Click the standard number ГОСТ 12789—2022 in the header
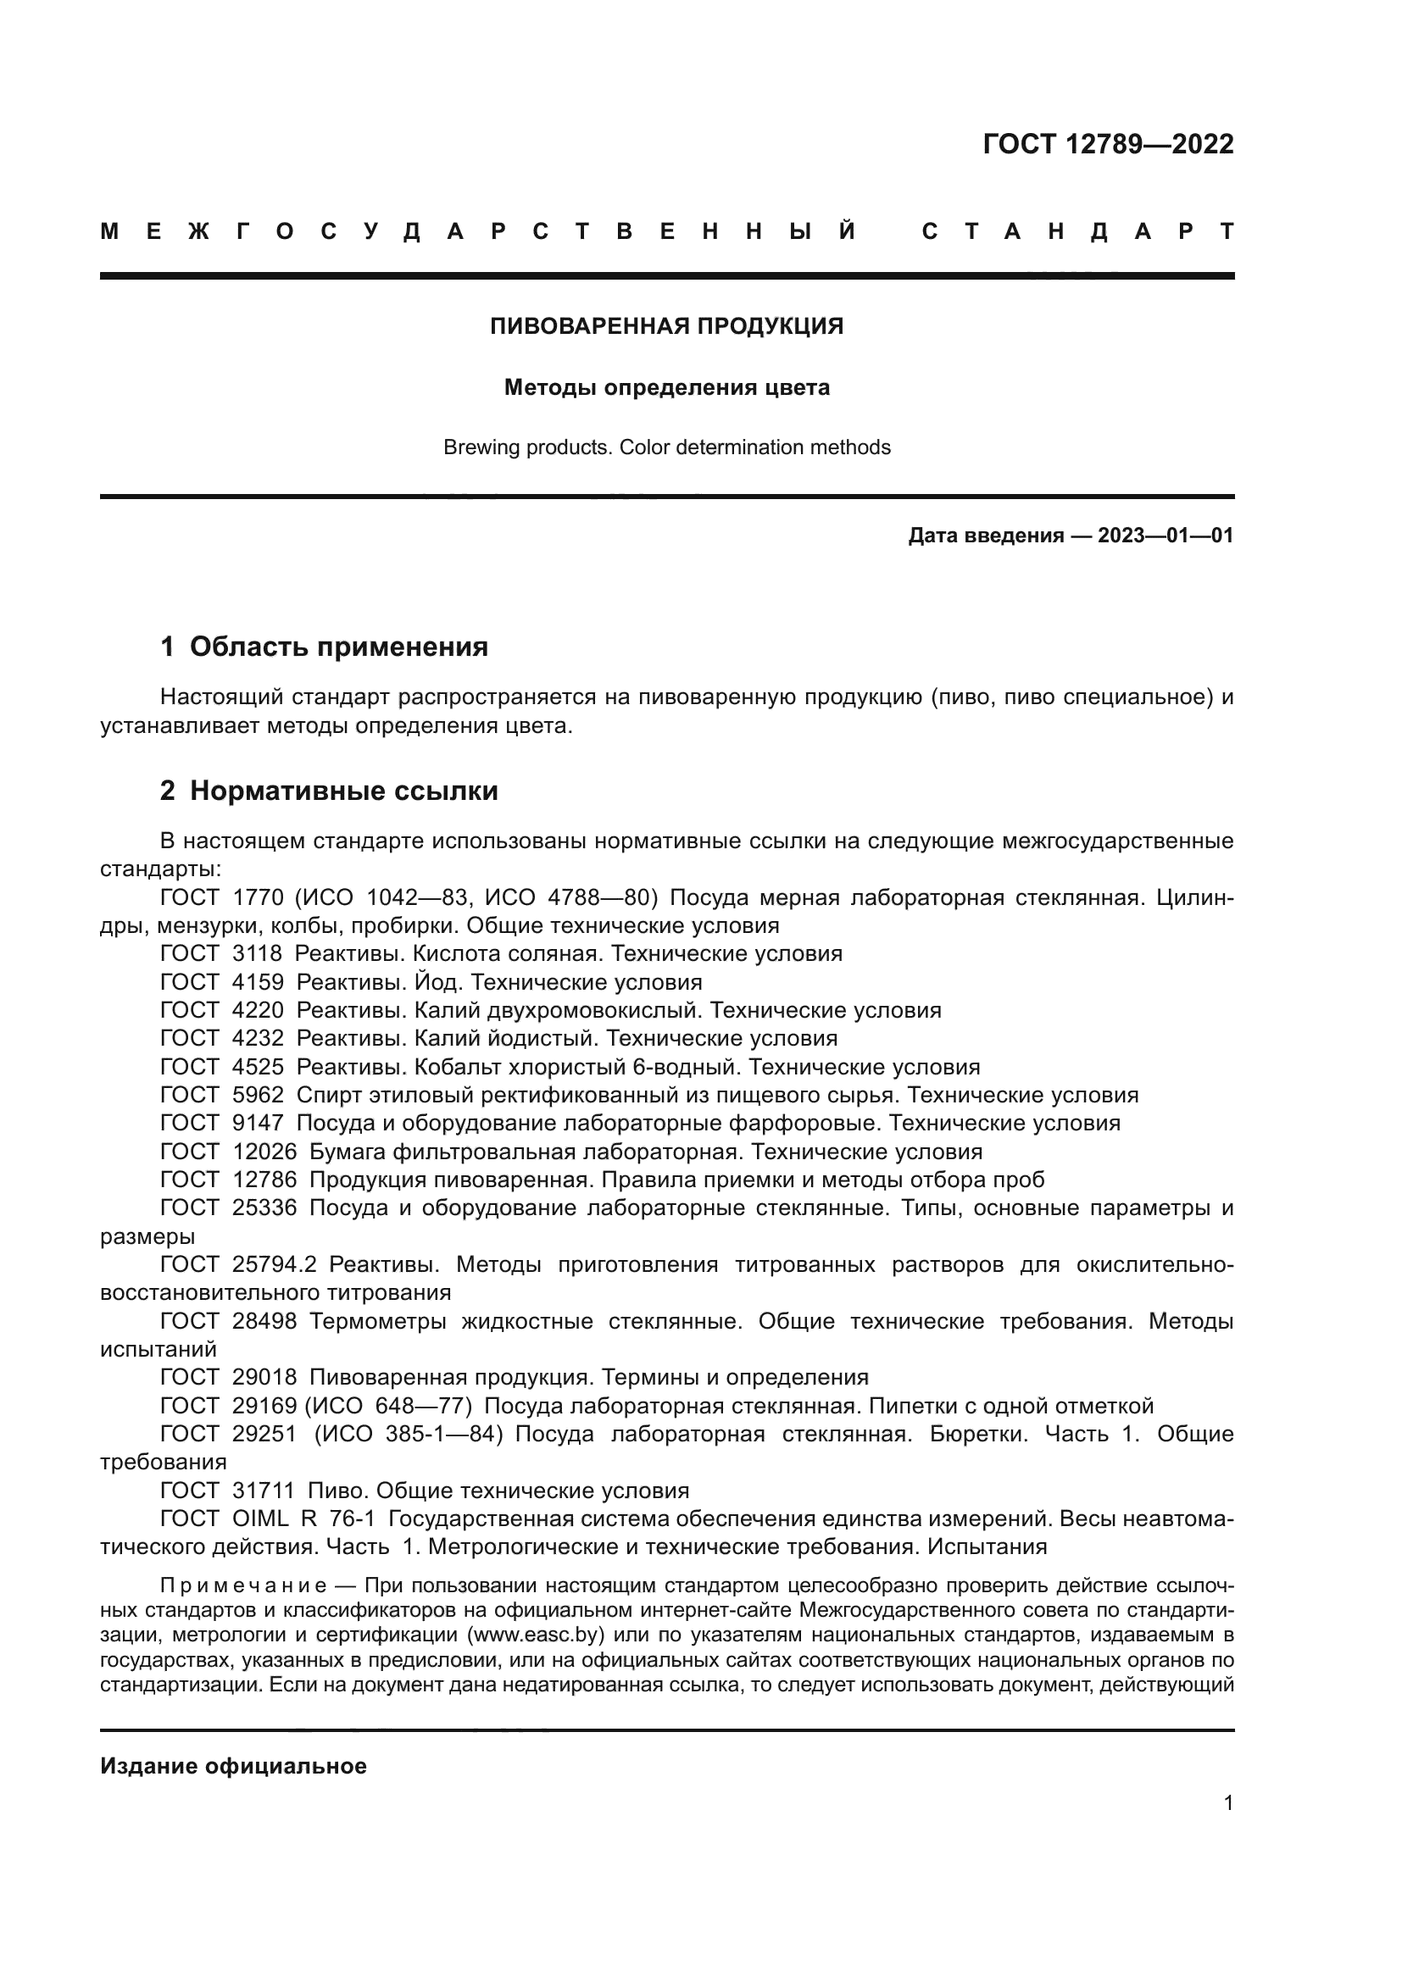pyautogui.click(x=1108, y=144)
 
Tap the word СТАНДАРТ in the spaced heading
pyautogui.click(x=1077, y=231)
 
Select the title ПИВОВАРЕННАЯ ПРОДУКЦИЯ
pyautogui.click(x=666, y=326)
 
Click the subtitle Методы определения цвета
pyautogui.click(x=666, y=387)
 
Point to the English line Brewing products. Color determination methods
pyautogui.click(x=666, y=447)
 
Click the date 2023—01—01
pyautogui.click(x=1166, y=536)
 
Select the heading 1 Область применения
pyautogui.click(x=324, y=647)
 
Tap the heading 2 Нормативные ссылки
pyautogui.click(x=329, y=791)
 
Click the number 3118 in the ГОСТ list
pyautogui.click(x=258, y=954)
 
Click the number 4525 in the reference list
pyautogui.click(x=258, y=1067)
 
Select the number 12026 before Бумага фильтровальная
pyautogui.click(x=264, y=1152)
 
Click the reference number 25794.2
pyautogui.click(x=275, y=1264)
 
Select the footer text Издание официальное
pyautogui.click(x=233, y=1766)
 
